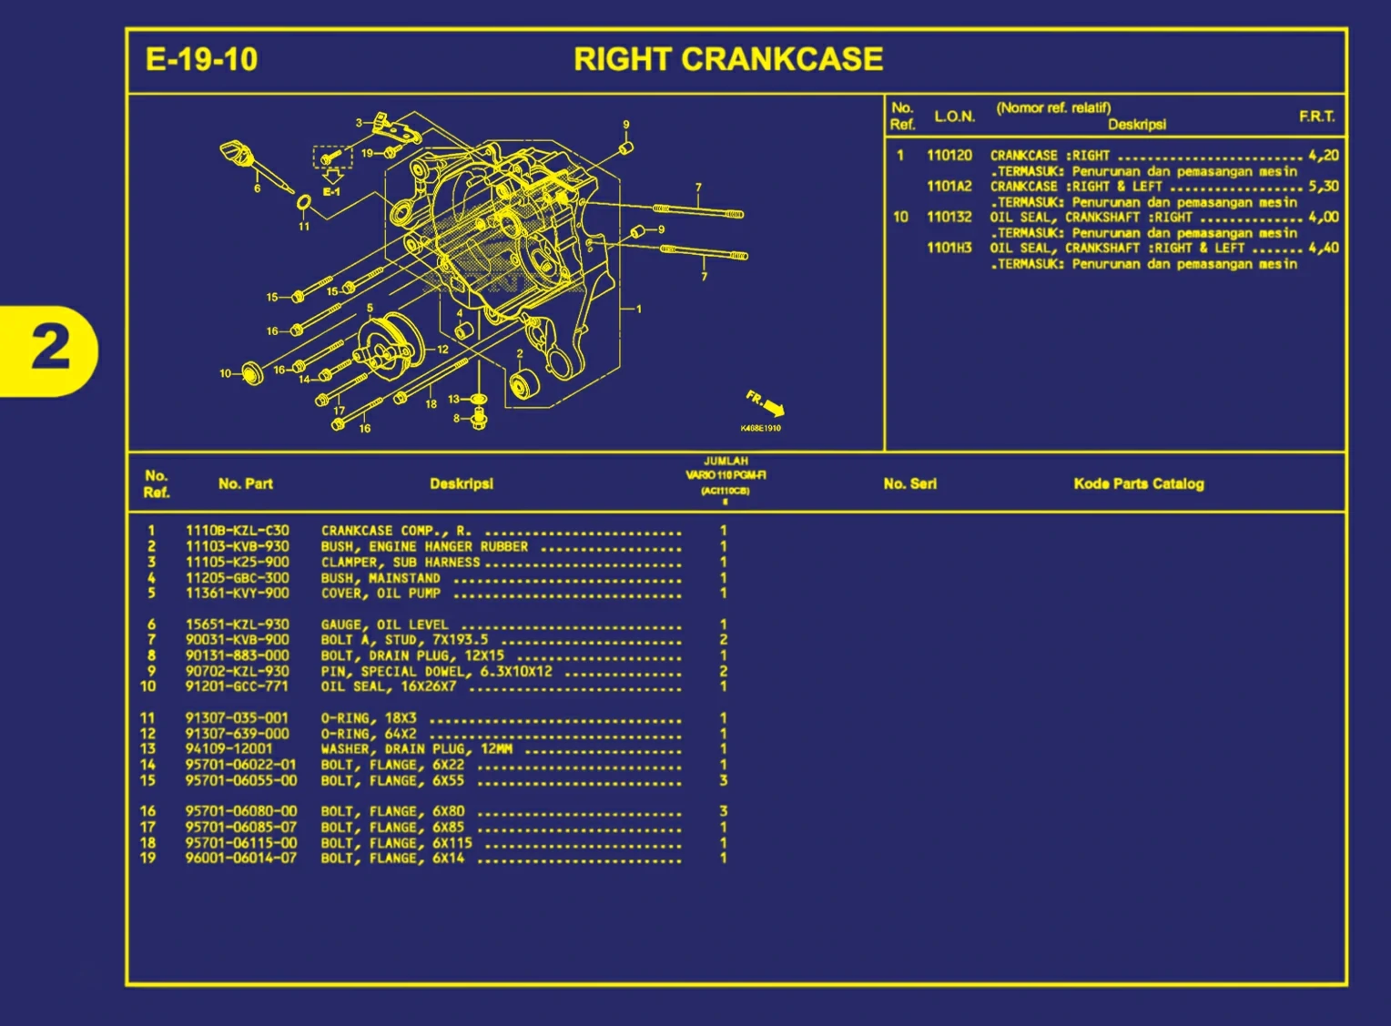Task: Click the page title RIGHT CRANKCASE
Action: pyautogui.click(x=727, y=60)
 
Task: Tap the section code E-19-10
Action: pyautogui.click(x=201, y=60)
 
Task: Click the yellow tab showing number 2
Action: pyautogui.click(x=49, y=349)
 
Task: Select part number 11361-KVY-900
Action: pyautogui.click(x=237, y=594)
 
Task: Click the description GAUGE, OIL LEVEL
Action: pyautogui.click(x=384, y=625)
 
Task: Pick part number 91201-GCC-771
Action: pyautogui.click(x=237, y=686)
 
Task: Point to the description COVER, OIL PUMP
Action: pyautogui.click(x=381, y=594)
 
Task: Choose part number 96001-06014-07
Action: pyautogui.click(x=240, y=858)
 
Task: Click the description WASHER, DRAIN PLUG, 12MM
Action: pyautogui.click(x=416, y=749)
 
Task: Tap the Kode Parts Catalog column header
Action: pyautogui.click(x=1138, y=484)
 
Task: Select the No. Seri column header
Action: pyautogui.click(x=909, y=484)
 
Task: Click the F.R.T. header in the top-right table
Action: pyautogui.click(x=1316, y=117)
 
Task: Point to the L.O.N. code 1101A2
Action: pyautogui.click(x=949, y=187)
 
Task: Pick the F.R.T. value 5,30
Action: pyautogui.click(x=1324, y=187)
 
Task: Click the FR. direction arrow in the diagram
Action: pyautogui.click(x=766, y=403)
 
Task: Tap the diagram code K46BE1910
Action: pyautogui.click(x=760, y=429)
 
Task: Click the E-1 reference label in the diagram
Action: pyautogui.click(x=331, y=192)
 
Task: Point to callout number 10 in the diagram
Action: pyautogui.click(x=225, y=373)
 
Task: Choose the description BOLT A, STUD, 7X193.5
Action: pyautogui.click(x=404, y=640)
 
